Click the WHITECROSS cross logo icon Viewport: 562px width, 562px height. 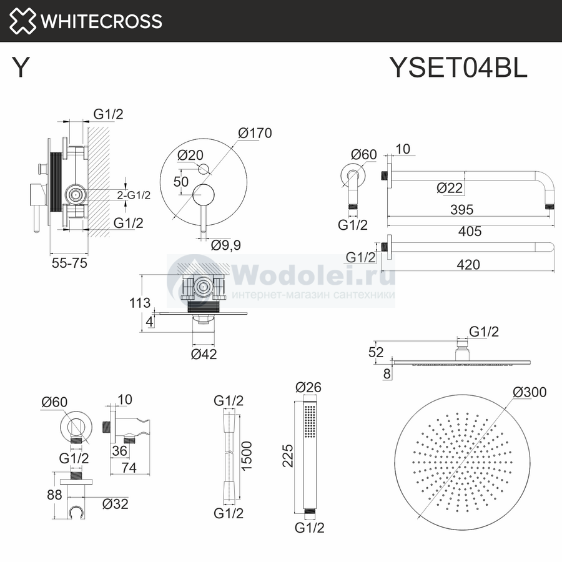[x=22, y=21]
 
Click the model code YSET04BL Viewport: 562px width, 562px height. [x=458, y=67]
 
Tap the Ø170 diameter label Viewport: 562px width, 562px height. [x=255, y=133]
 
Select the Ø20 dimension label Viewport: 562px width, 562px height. [x=190, y=155]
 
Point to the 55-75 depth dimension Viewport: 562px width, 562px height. [x=69, y=263]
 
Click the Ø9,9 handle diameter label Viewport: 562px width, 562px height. [x=226, y=245]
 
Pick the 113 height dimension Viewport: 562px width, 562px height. [x=140, y=303]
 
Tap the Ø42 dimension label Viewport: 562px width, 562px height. [x=204, y=354]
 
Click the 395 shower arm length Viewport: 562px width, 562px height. [x=461, y=210]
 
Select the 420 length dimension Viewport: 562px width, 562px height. [x=468, y=265]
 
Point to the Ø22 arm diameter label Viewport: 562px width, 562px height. [x=450, y=188]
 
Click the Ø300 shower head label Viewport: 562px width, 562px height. [x=530, y=392]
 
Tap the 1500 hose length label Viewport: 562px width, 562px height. [x=246, y=456]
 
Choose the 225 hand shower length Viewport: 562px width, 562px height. [x=288, y=456]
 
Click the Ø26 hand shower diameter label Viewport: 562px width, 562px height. [x=308, y=387]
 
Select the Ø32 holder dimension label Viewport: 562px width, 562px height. [x=115, y=505]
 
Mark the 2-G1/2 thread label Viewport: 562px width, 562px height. [x=134, y=195]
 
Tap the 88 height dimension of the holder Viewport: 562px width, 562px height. [x=54, y=495]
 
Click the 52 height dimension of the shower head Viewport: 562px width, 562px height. [x=376, y=352]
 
